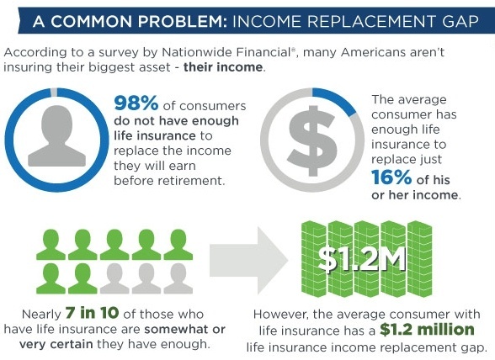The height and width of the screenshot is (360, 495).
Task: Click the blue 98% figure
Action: coord(136,103)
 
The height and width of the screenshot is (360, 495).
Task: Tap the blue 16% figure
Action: coord(391,177)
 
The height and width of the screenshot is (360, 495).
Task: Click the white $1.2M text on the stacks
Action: coord(362,260)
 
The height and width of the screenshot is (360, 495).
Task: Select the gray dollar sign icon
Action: coord(312,140)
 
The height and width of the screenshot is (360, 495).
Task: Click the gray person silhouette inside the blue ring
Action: coord(57,136)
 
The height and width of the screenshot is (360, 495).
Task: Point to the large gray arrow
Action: coord(249,261)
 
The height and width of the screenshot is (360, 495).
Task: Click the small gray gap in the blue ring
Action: coord(54,93)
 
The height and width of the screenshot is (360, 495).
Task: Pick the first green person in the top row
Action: coord(51,245)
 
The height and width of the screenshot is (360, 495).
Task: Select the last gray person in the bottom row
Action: coord(178,278)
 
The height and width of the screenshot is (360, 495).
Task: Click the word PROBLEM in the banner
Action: coord(182,22)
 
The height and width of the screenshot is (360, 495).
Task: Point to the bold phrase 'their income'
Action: coord(223,67)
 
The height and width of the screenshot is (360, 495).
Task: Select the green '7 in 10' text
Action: coord(93,312)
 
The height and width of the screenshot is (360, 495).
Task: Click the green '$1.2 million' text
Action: coord(427,330)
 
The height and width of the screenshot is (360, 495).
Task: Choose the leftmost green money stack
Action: coord(314,259)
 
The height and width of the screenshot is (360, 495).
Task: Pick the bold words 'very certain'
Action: coord(56,344)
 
